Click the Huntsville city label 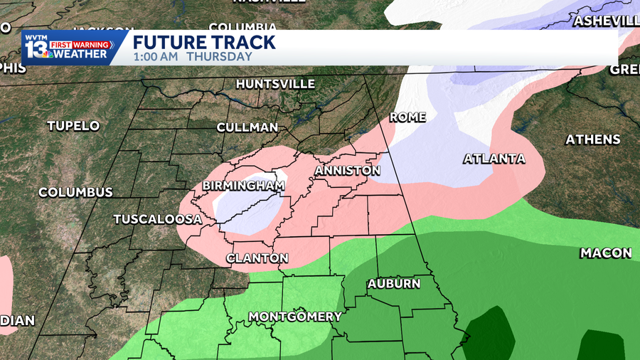click(x=275, y=84)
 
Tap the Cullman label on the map click(x=247, y=127)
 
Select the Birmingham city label click(x=244, y=186)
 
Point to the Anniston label click(x=348, y=171)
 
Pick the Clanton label click(x=257, y=258)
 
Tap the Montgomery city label click(x=295, y=317)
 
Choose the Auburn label click(x=394, y=285)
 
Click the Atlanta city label click(x=494, y=159)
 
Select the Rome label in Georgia click(x=408, y=117)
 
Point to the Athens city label click(x=593, y=140)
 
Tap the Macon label click(x=606, y=253)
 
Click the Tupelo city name click(x=73, y=126)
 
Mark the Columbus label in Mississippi click(x=75, y=193)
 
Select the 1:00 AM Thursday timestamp click(x=192, y=57)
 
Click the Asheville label click(x=607, y=21)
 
